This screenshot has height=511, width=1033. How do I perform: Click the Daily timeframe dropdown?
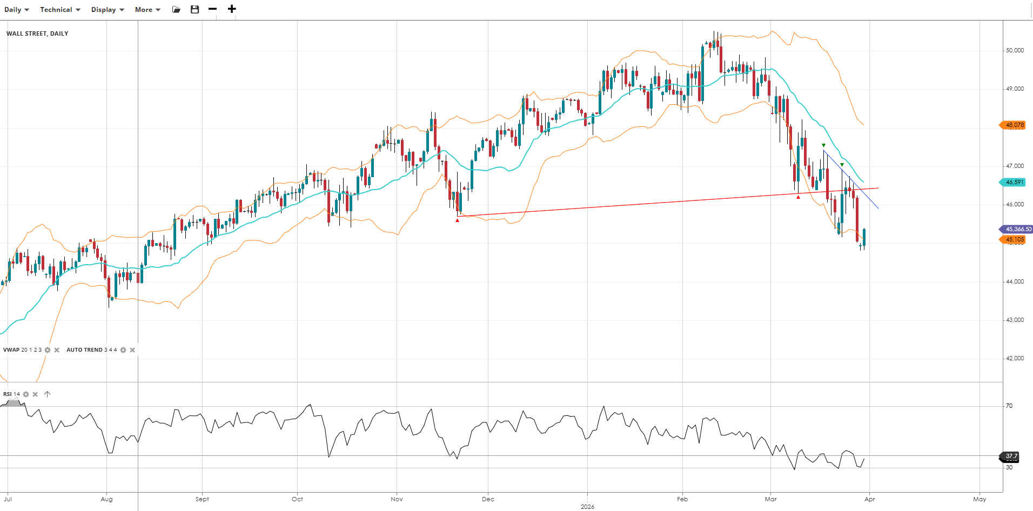click(16, 10)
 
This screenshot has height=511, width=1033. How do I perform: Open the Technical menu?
click(60, 10)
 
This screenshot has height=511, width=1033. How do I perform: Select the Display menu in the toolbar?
click(108, 10)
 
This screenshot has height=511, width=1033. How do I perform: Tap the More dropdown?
click(147, 10)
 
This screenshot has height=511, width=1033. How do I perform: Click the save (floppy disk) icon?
click(195, 9)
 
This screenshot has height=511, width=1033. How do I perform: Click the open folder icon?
click(176, 9)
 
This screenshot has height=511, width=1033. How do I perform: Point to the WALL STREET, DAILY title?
click(37, 33)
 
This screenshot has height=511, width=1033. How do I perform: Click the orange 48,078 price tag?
click(1014, 125)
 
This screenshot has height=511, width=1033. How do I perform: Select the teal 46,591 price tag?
click(1014, 182)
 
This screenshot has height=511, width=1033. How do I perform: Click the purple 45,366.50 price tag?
click(1017, 229)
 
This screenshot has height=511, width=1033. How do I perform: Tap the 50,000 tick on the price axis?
click(1014, 50)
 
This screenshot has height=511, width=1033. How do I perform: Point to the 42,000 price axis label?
click(1014, 358)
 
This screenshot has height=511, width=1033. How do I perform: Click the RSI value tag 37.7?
click(1011, 456)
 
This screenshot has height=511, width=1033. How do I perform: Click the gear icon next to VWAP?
click(48, 350)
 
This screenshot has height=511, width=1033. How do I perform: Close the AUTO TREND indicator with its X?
click(132, 350)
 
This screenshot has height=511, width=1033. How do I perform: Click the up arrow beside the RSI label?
click(48, 394)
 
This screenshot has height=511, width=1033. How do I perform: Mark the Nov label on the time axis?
click(397, 499)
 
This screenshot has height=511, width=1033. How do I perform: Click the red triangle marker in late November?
click(457, 220)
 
